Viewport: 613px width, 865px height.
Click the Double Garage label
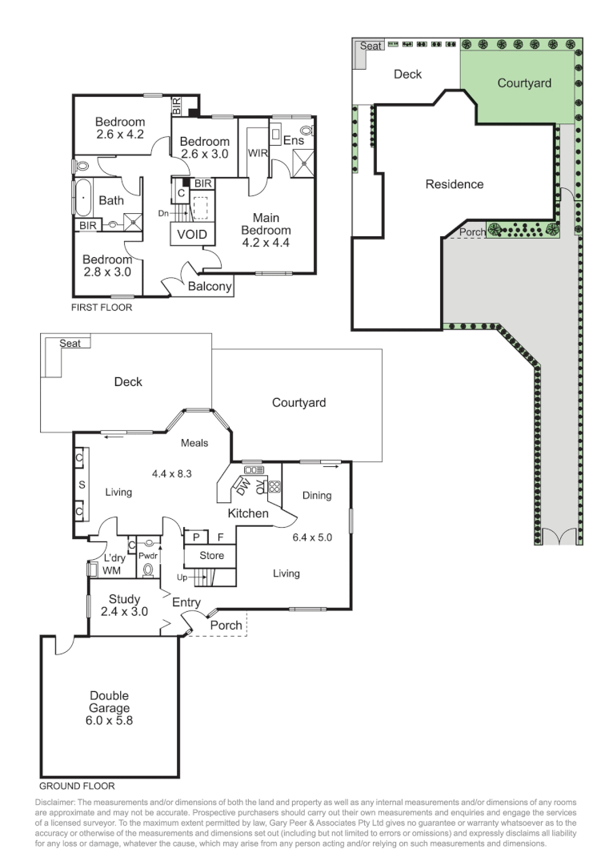[x=109, y=708]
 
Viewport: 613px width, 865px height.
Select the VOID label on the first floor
[x=192, y=235]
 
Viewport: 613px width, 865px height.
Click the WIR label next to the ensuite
[x=258, y=152]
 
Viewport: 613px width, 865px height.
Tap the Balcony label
[x=210, y=286]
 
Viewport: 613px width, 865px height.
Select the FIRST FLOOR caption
[x=102, y=307]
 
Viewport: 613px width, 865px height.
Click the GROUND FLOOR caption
[x=77, y=786]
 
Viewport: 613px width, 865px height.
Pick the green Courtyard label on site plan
[x=524, y=82]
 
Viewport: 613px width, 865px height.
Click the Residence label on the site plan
[x=455, y=184]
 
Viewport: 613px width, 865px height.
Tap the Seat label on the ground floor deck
[x=71, y=343]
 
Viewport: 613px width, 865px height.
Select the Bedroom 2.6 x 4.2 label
[x=120, y=128]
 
